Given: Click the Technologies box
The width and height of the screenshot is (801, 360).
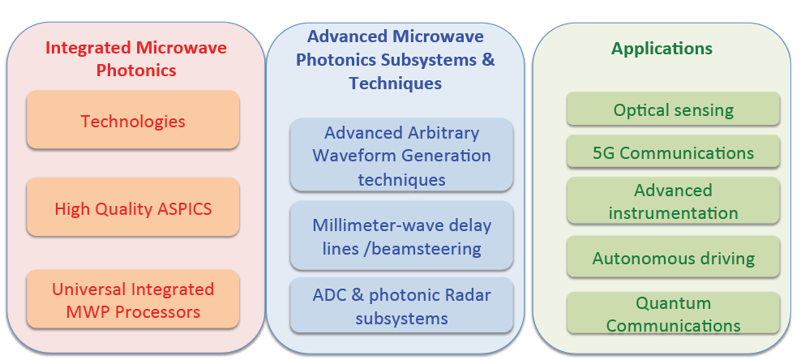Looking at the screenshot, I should (133, 121).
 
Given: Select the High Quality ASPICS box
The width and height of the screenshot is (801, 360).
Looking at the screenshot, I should (133, 208).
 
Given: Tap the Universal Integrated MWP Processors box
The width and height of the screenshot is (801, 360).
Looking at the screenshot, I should (133, 300).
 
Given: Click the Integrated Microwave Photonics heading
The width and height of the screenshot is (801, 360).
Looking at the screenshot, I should (135, 58).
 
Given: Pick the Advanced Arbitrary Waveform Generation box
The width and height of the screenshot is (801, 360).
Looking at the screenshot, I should (401, 155).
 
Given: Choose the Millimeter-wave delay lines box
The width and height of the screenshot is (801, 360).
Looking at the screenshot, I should (401, 237).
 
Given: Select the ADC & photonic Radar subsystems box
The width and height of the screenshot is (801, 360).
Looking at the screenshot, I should (401, 305).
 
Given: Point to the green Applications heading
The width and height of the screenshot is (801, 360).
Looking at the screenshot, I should (662, 48).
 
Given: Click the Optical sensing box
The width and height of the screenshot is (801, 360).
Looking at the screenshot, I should (673, 109).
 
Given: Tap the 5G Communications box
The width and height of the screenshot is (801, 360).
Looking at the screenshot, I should (673, 152).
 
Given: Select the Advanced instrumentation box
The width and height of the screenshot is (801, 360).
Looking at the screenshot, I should (673, 202).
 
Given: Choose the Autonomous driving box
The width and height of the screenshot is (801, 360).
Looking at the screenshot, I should (673, 259).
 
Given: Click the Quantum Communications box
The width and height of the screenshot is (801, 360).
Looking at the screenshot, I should (673, 314).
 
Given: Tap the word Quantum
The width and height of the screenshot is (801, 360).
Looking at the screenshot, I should (673, 304).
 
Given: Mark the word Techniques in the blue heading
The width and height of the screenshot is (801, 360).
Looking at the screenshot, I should (396, 83).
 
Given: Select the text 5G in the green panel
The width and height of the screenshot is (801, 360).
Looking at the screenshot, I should (604, 152).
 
